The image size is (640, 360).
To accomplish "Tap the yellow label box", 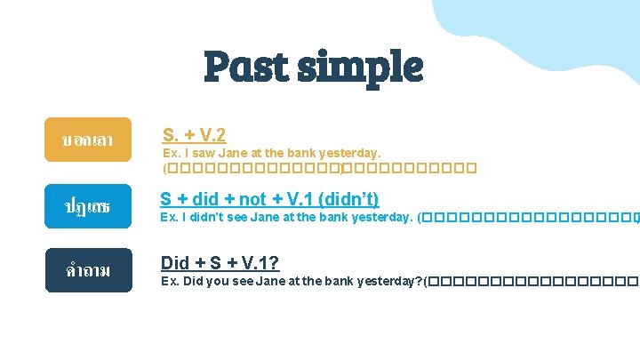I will tap(88, 140).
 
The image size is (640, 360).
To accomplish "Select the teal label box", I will tap(88, 205).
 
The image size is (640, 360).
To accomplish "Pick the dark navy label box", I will tap(88, 270).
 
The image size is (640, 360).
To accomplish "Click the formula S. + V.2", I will tap(194, 135).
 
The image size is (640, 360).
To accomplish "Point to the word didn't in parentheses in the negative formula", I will tap(348, 199).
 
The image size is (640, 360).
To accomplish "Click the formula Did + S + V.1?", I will tap(220, 263).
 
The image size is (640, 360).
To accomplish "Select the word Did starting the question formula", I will tap(175, 263).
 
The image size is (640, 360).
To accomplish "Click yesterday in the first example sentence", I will tap(352, 153).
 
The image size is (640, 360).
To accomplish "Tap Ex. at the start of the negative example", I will tap(169, 217).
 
